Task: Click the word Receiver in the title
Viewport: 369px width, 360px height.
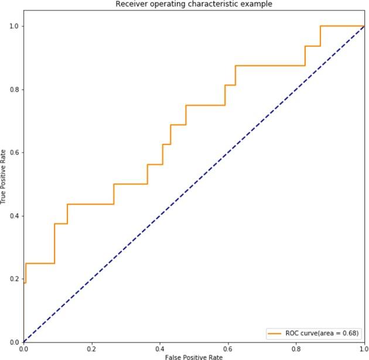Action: tap(129, 4)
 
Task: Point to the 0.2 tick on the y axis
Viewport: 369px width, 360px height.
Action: tap(15, 279)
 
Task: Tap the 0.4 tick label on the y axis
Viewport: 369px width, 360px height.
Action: tap(15, 216)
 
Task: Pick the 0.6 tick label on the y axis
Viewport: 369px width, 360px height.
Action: tap(15, 153)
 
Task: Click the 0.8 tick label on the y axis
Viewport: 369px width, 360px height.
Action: tap(15, 90)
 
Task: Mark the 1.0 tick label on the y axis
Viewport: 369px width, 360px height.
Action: tap(15, 26)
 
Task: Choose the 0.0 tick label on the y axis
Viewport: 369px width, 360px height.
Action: tap(15, 342)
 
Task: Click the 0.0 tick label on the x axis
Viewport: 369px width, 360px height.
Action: tap(23, 349)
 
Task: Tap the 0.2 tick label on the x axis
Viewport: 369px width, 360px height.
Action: tap(91, 349)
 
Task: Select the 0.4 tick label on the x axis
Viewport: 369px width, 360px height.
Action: tap(159, 349)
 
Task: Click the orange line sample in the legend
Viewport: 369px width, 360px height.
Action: tap(275, 333)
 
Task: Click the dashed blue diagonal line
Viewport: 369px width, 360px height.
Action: tap(193, 184)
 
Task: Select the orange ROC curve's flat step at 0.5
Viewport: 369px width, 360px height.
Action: tap(130, 184)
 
